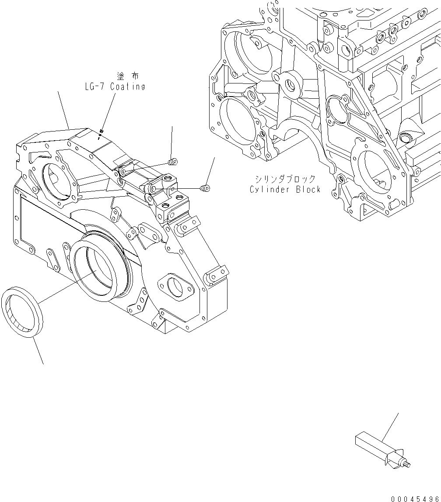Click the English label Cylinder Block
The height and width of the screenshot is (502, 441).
click(285, 189)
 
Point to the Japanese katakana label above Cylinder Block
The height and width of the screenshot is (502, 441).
click(286, 179)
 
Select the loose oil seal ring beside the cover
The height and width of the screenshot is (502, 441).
click(22, 312)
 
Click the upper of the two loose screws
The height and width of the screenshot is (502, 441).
click(173, 163)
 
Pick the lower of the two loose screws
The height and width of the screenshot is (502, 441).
click(205, 188)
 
